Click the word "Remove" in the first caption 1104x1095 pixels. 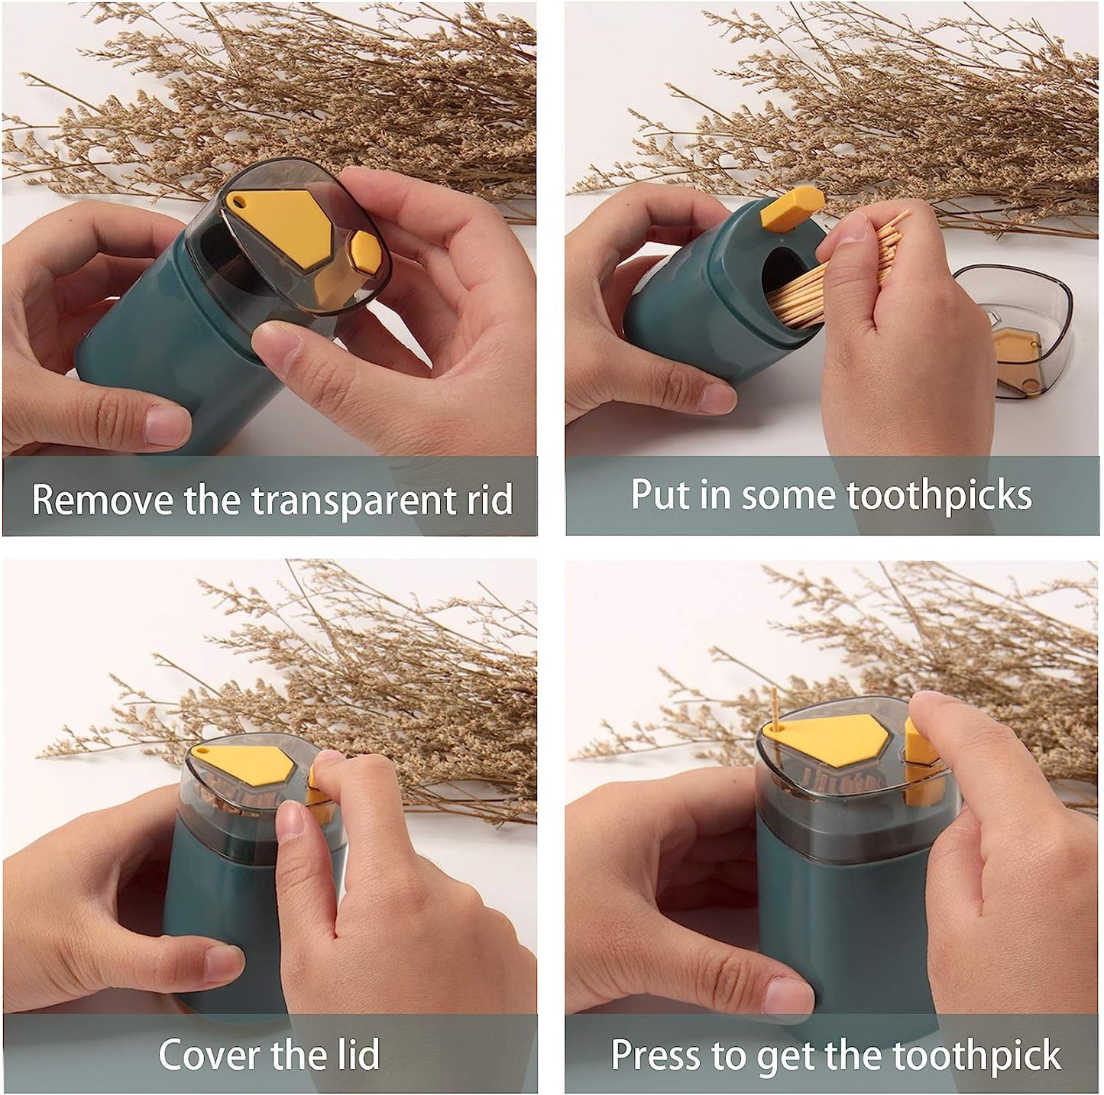pos(102,500)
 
